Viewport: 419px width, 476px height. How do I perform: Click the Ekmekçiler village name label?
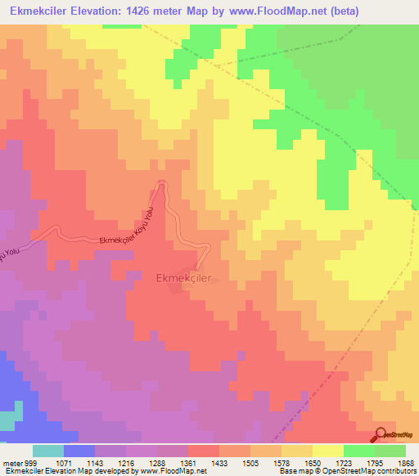coord(183,278)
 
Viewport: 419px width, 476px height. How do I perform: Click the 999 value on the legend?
coord(31,462)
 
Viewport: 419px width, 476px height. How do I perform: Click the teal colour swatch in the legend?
coord(48,451)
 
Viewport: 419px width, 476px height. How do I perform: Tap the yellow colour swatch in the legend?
coord(328,451)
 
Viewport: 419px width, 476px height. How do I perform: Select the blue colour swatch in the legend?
coord(79,451)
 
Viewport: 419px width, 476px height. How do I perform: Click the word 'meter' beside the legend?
coord(11,462)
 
